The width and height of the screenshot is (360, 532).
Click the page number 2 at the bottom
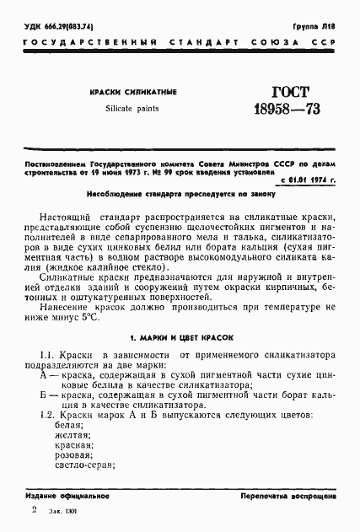coord(34,511)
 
